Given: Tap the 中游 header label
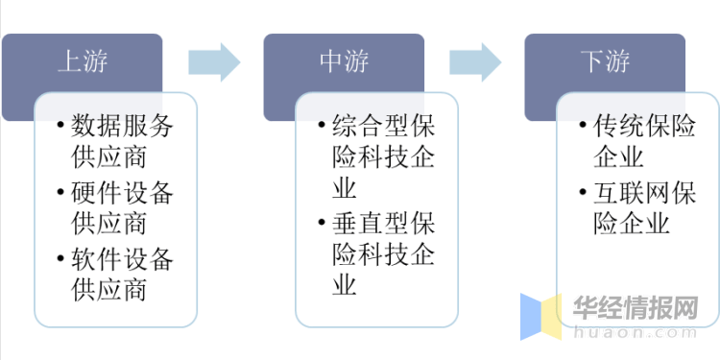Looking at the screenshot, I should [343, 62].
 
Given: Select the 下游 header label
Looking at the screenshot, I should [605, 62].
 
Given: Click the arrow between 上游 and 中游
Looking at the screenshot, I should [213, 61].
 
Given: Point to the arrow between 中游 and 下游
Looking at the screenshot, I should [474, 61].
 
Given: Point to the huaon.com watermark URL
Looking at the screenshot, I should [635, 334].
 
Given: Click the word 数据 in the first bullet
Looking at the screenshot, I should [89, 127].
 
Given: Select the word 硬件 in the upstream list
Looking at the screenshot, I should [89, 193].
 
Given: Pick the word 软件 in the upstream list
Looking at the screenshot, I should [89, 259].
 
